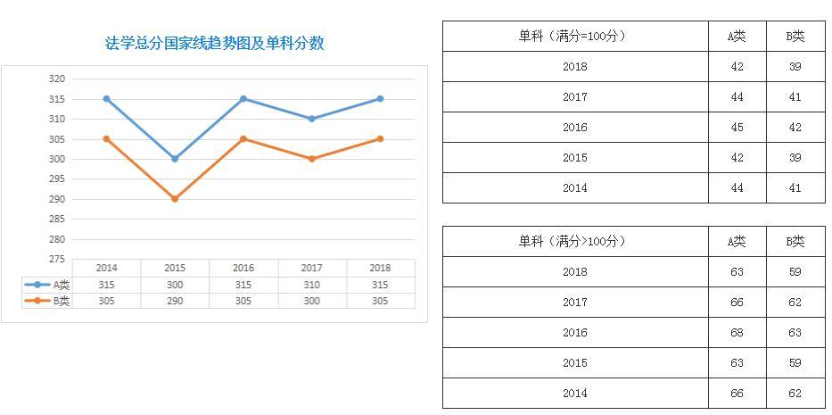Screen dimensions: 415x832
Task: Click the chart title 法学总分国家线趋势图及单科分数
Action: [x=214, y=44]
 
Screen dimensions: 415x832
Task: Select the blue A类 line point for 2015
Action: [x=175, y=159]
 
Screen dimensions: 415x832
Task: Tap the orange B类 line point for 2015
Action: [x=175, y=199]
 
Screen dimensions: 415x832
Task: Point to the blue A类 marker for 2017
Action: [x=311, y=119]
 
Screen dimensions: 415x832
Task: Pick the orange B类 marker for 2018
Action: [x=380, y=138]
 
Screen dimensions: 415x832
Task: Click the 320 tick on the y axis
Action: [x=57, y=79]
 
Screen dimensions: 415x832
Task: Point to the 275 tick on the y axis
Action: [x=57, y=259]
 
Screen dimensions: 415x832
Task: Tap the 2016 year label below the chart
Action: [x=243, y=268]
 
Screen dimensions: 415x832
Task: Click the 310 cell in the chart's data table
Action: [x=311, y=285]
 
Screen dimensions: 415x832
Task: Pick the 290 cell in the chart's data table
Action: [x=175, y=302]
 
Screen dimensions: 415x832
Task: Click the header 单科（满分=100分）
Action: [x=574, y=37]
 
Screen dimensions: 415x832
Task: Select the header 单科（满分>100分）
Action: [x=574, y=242]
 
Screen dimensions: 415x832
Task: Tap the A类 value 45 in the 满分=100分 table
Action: [x=737, y=128]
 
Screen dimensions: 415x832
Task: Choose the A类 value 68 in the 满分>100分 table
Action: [x=737, y=333]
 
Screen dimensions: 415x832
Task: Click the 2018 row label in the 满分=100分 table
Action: [x=575, y=67]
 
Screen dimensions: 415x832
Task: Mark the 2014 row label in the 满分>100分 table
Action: [x=575, y=394]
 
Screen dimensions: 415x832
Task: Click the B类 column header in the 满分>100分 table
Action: [x=795, y=242]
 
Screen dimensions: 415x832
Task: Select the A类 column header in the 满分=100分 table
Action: [x=737, y=37]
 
